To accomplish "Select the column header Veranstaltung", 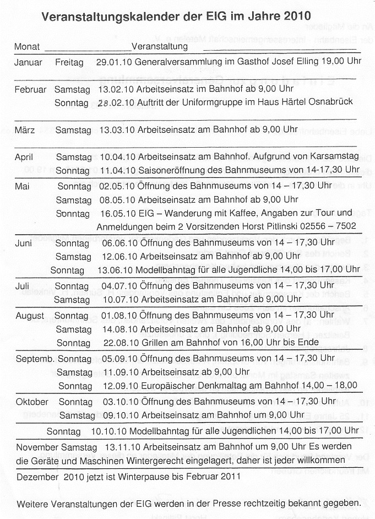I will pyautogui.click(x=160, y=46).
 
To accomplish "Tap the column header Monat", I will pyautogui.click(x=26, y=46).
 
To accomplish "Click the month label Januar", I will pyautogui.click(x=28, y=62).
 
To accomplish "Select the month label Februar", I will pyautogui.click(x=30, y=89).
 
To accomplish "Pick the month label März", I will pyautogui.click(x=25, y=130).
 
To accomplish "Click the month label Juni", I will pyautogui.click(x=24, y=243).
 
